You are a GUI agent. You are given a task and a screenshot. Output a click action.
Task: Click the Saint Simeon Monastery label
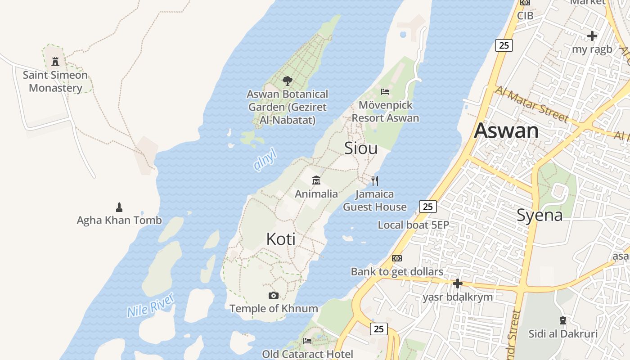click(x=55, y=81)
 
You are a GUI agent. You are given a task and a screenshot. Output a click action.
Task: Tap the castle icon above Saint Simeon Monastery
click(x=55, y=61)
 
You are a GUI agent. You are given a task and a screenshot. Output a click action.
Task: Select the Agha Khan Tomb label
click(x=119, y=220)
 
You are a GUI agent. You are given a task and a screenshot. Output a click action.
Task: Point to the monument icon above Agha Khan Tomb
click(x=119, y=207)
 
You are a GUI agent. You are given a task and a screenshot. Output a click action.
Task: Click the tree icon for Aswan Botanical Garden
click(x=287, y=81)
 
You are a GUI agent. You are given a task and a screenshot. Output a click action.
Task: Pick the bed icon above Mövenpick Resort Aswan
click(x=385, y=92)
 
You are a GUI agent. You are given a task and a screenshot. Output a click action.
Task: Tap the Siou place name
click(x=360, y=148)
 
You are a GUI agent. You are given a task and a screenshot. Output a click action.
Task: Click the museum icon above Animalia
click(x=316, y=180)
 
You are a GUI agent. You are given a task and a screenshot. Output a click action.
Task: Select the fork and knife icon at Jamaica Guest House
click(x=375, y=181)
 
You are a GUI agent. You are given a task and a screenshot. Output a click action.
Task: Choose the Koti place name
click(x=281, y=239)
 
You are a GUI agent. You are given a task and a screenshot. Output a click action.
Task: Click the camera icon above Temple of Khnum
click(x=273, y=296)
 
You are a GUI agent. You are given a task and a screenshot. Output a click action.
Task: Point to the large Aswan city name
click(x=506, y=130)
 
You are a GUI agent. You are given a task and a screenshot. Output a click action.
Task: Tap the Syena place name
click(x=539, y=215)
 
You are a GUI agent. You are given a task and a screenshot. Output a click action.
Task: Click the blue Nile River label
click(x=150, y=305)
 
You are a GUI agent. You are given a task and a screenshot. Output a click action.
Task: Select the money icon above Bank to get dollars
click(x=396, y=258)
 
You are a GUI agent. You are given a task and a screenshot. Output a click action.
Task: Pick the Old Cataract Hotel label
click(x=307, y=354)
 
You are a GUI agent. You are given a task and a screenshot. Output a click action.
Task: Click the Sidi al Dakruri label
click(x=563, y=334)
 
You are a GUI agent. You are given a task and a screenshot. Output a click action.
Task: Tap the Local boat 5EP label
click(x=413, y=225)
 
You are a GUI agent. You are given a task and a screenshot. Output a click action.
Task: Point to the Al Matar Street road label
click(x=531, y=103)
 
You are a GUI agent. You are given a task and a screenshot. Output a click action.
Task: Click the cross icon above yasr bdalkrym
click(x=458, y=283)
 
